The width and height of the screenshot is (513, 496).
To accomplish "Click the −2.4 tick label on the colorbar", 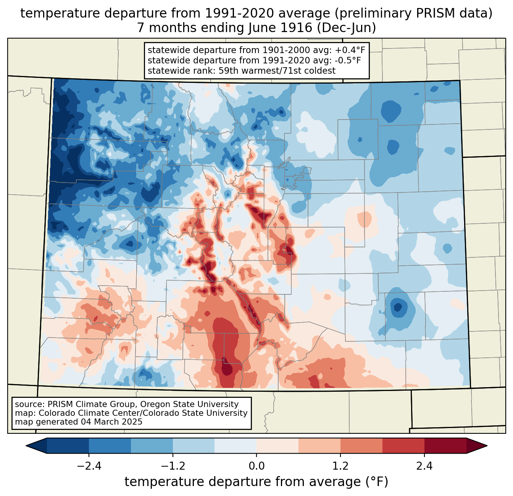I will point(89,466).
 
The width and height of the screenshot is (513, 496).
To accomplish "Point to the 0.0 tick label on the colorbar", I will point(256,466).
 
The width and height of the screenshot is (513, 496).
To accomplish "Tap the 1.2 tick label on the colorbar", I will point(340,466).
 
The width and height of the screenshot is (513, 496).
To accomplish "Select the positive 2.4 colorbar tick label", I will point(424,466).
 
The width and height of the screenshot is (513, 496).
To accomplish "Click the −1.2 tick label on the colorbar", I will point(173,466).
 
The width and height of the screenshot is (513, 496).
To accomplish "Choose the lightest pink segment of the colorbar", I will point(277,446).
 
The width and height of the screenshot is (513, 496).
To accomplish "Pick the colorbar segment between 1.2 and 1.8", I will point(361,446).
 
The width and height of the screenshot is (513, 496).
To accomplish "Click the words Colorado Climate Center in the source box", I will point(81,413).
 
